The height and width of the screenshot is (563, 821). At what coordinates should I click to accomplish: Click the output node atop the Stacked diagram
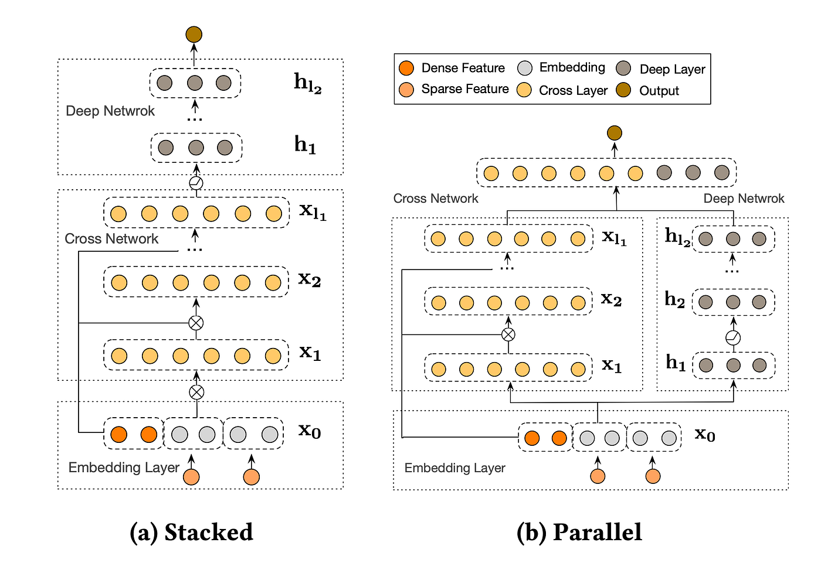(x=194, y=35)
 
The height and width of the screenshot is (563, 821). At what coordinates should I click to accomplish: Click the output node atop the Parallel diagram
(x=615, y=133)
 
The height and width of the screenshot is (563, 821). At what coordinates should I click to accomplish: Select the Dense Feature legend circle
(x=406, y=68)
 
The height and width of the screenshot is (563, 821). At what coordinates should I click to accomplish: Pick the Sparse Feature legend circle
(x=406, y=90)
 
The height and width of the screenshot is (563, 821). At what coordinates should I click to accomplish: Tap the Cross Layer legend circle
(x=524, y=90)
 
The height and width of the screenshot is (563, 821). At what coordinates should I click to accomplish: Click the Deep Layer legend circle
(x=623, y=68)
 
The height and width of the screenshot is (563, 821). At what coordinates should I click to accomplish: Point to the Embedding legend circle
(x=525, y=68)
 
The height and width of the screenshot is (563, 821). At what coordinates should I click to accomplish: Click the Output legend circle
(x=623, y=90)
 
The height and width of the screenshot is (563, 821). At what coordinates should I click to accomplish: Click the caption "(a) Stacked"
(x=191, y=532)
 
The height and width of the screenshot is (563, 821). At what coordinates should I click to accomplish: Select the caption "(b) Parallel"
(x=579, y=532)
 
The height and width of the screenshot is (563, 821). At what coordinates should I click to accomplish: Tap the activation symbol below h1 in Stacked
(x=196, y=183)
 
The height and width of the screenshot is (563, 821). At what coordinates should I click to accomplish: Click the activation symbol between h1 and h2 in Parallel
(x=733, y=338)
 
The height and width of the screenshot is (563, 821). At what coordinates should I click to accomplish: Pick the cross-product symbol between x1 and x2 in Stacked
(x=196, y=323)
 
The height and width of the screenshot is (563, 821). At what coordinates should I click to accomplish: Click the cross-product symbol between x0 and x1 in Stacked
(x=196, y=393)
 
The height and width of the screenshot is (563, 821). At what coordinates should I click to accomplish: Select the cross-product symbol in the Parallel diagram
(x=508, y=335)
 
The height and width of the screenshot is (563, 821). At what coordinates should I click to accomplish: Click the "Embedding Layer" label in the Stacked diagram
(x=124, y=468)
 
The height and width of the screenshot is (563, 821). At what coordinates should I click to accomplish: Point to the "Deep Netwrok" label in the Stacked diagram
(x=110, y=111)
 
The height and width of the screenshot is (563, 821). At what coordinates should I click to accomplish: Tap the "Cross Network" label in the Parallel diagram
(x=436, y=199)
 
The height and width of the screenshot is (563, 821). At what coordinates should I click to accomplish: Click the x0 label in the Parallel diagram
(x=705, y=435)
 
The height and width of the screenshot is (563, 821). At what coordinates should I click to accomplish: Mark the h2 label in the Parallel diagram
(x=675, y=299)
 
